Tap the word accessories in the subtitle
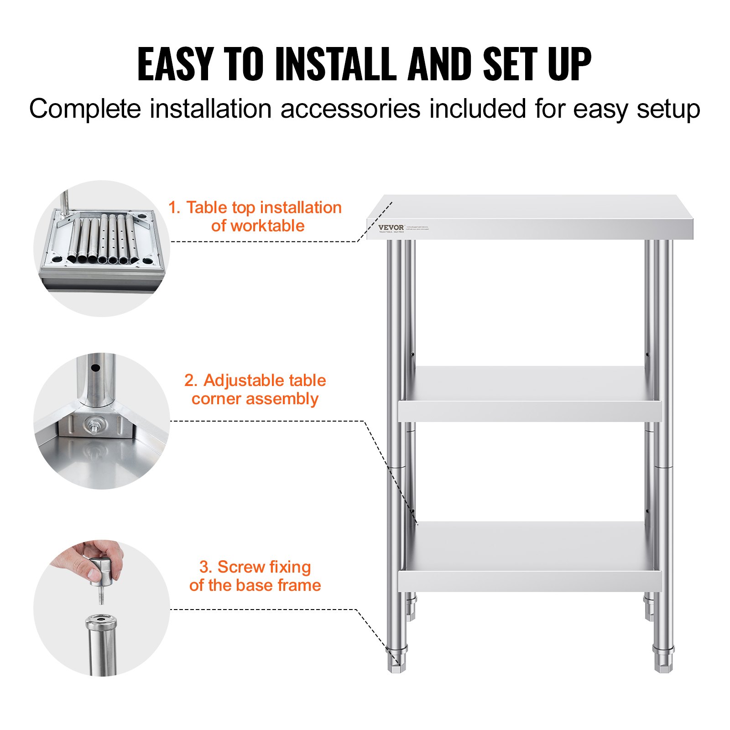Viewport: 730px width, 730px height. [x=350, y=109]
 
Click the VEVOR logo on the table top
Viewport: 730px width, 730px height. [x=391, y=227]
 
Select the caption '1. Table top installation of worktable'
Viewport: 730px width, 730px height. [x=255, y=216]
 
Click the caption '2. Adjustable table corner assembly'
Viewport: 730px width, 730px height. [x=255, y=389]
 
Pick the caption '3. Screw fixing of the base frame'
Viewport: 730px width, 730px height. [x=255, y=576]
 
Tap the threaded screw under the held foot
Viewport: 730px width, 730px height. [x=101, y=595]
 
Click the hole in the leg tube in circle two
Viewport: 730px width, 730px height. [x=95, y=367]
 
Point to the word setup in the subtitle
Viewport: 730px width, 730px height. [x=668, y=109]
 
